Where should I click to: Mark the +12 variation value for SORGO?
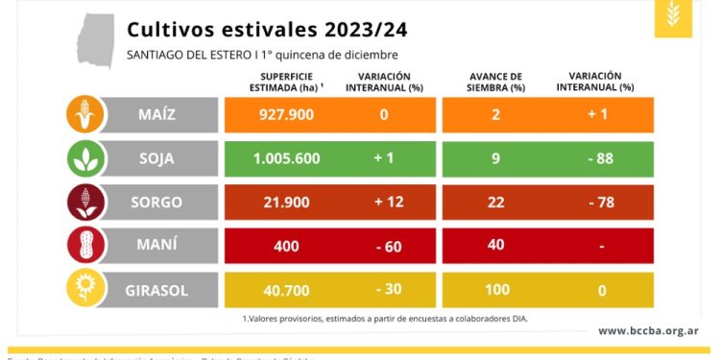click(384, 203)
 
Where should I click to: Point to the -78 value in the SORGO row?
click(601, 203)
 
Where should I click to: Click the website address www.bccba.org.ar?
click(648, 331)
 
